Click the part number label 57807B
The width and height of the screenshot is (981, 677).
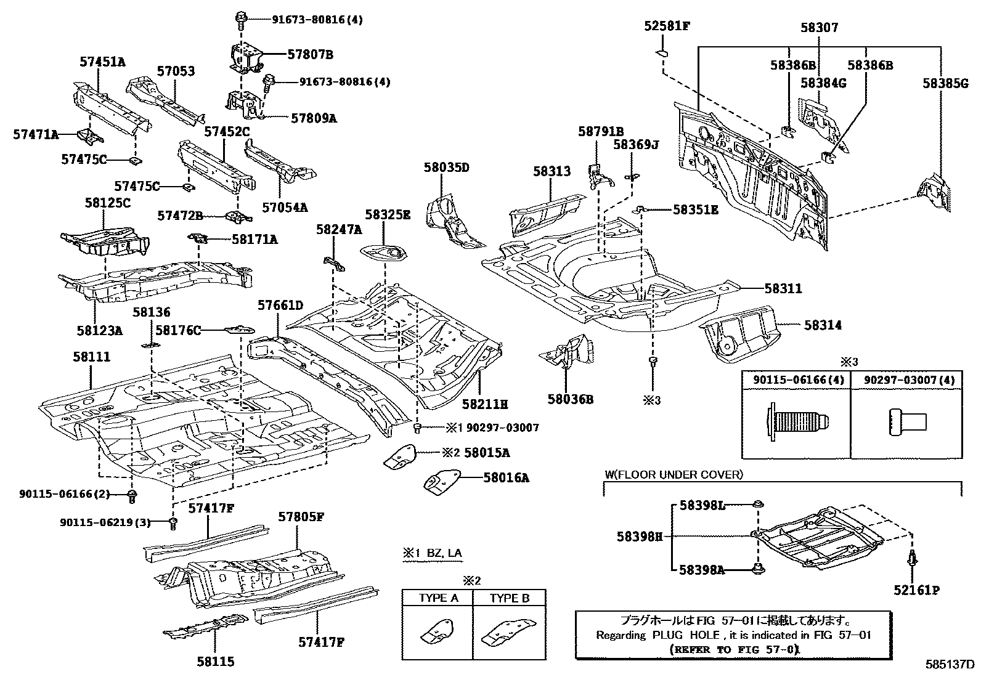[310, 54]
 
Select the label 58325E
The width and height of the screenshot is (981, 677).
[387, 214]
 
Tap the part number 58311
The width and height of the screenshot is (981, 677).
[783, 288]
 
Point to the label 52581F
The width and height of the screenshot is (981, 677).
[667, 26]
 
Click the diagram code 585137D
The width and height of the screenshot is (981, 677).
[949, 665]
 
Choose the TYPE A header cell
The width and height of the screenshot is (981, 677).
[438, 598]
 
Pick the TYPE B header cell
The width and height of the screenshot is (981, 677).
[510, 598]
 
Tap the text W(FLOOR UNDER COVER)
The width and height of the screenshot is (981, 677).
[674, 474]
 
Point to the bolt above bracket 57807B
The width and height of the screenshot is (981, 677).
[240, 20]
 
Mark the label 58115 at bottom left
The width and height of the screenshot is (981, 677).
[216, 662]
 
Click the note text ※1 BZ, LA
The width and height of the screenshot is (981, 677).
[432, 553]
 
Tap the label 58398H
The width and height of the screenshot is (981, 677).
[639, 537]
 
